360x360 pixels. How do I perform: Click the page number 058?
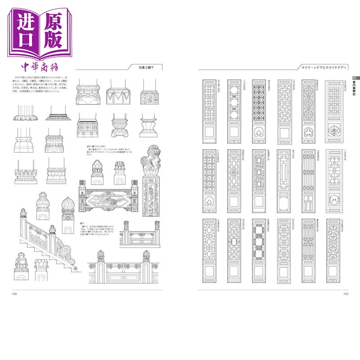[14, 294]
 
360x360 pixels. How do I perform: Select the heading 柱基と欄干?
[146, 67]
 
